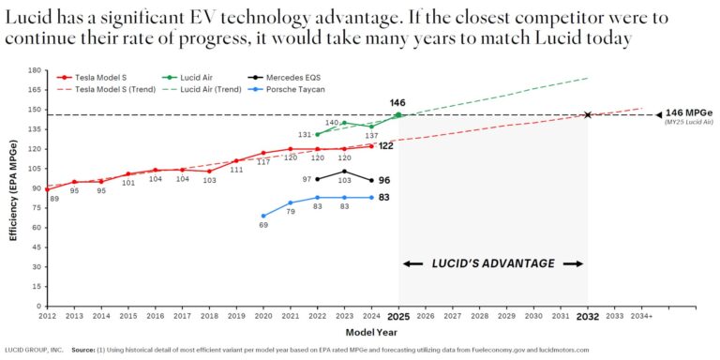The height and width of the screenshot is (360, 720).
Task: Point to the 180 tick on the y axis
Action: [x=35, y=70]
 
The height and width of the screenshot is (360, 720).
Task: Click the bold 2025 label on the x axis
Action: [x=398, y=317]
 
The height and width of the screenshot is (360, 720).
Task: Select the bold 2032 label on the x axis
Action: [x=587, y=317]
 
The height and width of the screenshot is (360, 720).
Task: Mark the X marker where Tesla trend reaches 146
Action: [x=588, y=114]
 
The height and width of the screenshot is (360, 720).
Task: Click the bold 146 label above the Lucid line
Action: [x=397, y=101]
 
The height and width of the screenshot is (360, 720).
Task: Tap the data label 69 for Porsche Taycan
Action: [x=262, y=225]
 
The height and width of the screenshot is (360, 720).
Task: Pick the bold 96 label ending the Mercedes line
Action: [x=384, y=180]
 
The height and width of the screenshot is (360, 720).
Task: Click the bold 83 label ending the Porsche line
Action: [x=384, y=198]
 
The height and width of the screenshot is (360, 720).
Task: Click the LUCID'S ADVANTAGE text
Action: [x=493, y=263]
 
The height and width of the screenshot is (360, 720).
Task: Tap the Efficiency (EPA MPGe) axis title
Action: [x=14, y=188]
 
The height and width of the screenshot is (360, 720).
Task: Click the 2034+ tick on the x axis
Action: [x=641, y=317]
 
